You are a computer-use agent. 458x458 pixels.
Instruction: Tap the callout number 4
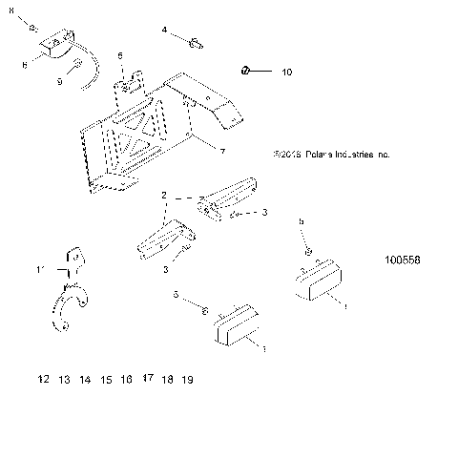[164, 31]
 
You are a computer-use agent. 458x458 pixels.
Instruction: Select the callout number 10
[287, 71]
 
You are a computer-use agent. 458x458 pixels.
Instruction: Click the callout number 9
[59, 82]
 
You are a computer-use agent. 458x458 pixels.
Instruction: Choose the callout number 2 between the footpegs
[164, 195]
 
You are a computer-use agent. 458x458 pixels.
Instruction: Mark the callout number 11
[41, 271]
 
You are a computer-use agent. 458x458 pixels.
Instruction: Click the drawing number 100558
[404, 260]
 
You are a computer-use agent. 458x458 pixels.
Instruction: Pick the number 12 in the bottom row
[43, 380]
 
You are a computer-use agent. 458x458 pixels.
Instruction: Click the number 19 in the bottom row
[187, 380]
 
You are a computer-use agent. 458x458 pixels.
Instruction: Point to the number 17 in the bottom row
[147, 379]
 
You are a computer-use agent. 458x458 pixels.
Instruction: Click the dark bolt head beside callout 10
[245, 71]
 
